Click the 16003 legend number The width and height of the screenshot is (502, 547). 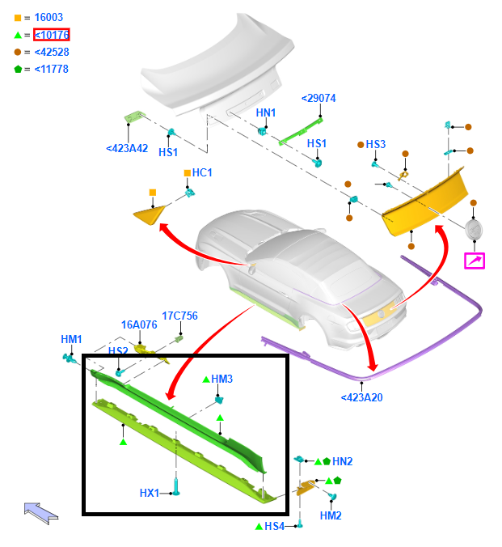(x=49, y=17)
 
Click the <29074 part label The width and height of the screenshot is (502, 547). (x=318, y=98)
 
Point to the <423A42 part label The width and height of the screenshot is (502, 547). (x=127, y=148)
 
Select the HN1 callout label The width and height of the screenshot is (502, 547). (x=266, y=112)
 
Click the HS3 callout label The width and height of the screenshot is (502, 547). (x=376, y=145)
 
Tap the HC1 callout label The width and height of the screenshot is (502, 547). (x=202, y=172)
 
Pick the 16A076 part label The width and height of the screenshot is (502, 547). (x=139, y=324)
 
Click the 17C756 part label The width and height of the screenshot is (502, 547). (x=179, y=316)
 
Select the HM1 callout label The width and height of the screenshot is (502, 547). (x=71, y=339)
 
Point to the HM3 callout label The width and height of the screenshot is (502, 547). (x=222, y=379)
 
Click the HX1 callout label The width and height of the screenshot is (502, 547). (x=150, y=493)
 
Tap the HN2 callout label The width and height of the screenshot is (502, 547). (x=342, y=461)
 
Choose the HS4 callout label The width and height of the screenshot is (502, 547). (x=275, y=527)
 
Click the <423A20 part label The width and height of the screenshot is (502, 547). (x=362, y=397)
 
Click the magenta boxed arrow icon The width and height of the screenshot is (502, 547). (x=474, y=261)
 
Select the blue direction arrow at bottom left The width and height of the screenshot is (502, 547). (x=40, y=511)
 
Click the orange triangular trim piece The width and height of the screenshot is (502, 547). (x=148, y=214)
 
